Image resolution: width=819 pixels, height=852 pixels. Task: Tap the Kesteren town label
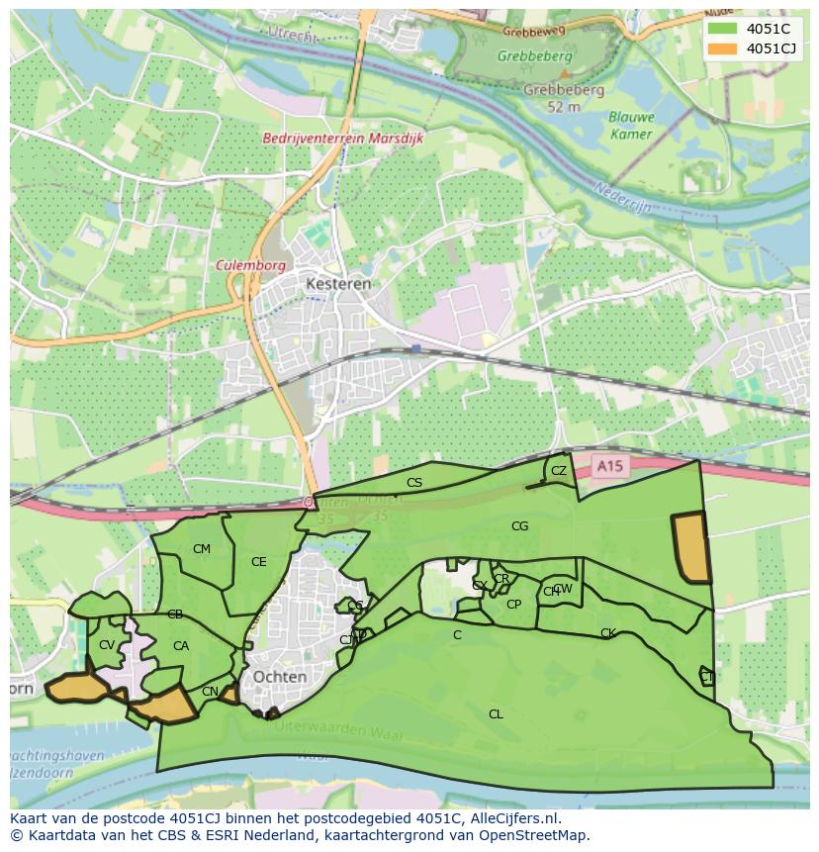tap(338, 283)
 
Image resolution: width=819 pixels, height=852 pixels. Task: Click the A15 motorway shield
tap(609, 465)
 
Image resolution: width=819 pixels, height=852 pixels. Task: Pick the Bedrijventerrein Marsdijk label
tap(342, 139)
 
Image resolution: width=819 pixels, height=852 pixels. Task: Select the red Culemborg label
tap(251, 266)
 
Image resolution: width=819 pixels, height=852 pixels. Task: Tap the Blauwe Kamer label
tap(630, 125)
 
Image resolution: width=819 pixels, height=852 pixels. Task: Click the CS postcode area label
tap(414, 483)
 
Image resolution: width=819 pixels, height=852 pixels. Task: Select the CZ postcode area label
tap(559, 471)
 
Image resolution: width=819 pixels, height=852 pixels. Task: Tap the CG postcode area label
tap(519, 526)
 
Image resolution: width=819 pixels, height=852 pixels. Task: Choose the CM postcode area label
tap(202, 549)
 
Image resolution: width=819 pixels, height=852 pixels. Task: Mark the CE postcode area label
tap(258, 562)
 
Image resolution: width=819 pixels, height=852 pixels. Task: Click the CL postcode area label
tap(496, 713)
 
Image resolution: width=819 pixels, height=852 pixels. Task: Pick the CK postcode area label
tap(607, 633)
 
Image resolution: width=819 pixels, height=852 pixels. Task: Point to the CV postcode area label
tap(107, 645)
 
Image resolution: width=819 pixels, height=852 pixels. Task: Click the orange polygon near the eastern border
tap(691, 547)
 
